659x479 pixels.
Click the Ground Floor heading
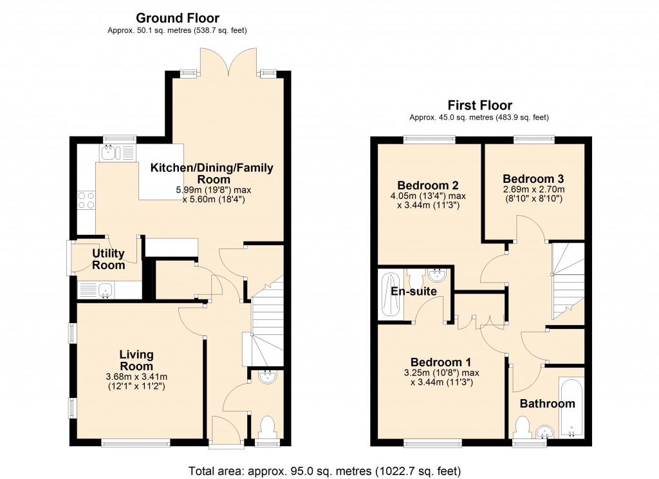[x=177, y=18]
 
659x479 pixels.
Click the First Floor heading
[x=479, y=106]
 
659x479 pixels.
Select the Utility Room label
[x=108, y=259]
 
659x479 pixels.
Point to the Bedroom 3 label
[x=528, y=178]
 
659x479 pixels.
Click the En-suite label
[x=414, y=292]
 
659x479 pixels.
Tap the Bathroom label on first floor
[x=547, y=404]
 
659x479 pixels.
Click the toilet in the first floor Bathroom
[x=523, y=427]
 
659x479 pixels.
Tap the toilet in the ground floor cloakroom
[x=266, y=426]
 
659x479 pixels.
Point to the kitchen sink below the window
[x=109, y=153]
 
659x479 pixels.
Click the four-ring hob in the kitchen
[x=86, y=200]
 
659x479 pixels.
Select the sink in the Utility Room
[x=103, y=291]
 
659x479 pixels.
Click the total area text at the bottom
[x=324, y=470]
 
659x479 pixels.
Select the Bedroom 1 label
[x=436, y=362]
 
